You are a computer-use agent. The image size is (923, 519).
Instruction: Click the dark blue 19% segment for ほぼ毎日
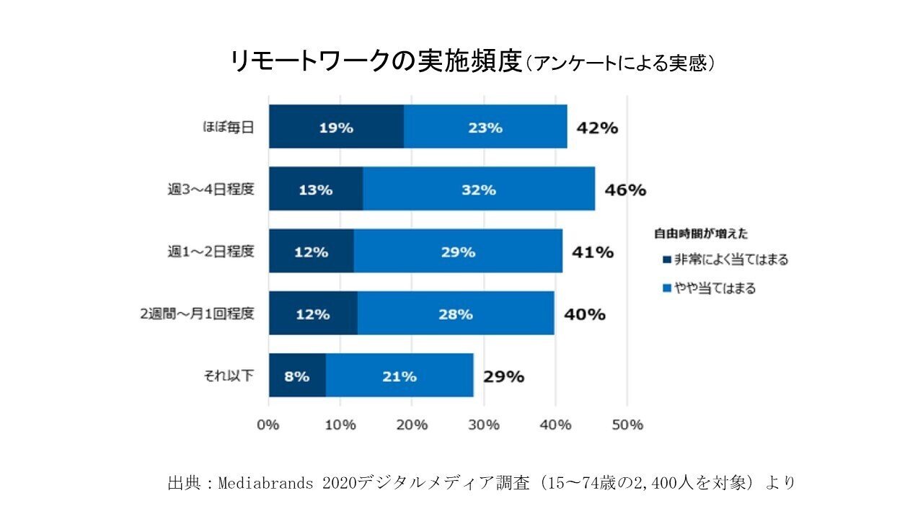[336, 127]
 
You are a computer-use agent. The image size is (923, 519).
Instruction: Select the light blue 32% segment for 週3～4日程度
[479, 190]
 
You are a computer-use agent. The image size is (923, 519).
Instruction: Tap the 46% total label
[625, 190]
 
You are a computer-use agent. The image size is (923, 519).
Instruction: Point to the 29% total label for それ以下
[503, 376]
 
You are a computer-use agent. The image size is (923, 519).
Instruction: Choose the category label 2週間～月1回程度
[198, 314]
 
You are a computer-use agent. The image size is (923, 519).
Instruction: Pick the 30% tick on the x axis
[483, 425]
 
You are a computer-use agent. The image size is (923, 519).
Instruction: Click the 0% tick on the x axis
[269, 425]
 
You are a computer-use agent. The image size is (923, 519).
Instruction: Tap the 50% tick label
[627, 425]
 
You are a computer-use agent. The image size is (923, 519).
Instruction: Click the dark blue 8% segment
[297, 376]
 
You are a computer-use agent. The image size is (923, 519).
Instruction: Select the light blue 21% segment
[399, 376]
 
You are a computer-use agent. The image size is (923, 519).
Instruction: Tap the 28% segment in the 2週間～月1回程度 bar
[456, 314]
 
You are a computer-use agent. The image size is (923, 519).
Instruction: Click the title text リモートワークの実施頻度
[375, 62]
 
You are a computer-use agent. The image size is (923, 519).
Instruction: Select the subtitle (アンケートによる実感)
[621, 64]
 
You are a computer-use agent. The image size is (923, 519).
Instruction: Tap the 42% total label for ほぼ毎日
[597, 128]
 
